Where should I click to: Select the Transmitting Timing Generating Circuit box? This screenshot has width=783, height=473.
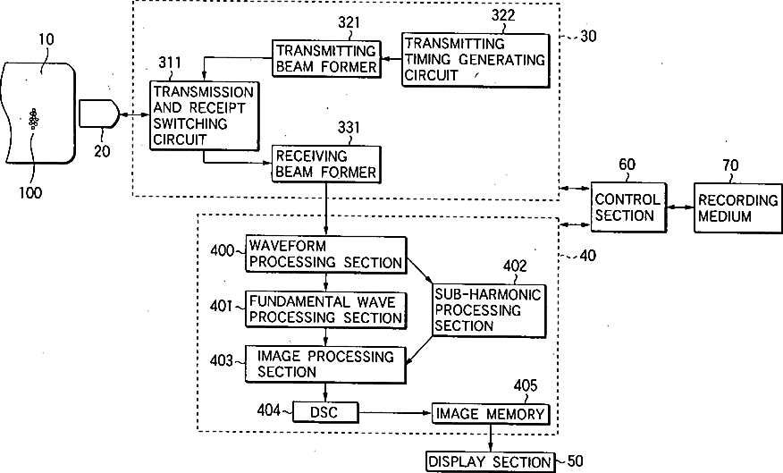pyautogui.click(x=474, y=59)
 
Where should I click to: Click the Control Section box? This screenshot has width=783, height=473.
pyautogui.click(x=626, y=207)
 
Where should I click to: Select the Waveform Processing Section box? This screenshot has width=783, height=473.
pyautogui.click(x=325, y=254)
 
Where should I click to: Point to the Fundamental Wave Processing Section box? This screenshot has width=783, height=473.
pyautogui.click(x=325, y=308)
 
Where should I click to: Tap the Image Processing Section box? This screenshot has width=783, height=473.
pyautogui.click(x=325, y=364)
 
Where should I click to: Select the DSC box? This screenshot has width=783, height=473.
pyautogui.click(x=325, y=411)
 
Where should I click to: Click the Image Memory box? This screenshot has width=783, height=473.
pyautogui.click(x=490, y=413)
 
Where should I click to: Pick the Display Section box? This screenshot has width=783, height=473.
pyautogui.click(x=490, y=461)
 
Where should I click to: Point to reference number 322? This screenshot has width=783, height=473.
pyautogui.click(x=501, y=15)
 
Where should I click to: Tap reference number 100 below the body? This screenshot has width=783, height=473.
pyautogui.click(x=29, y=191)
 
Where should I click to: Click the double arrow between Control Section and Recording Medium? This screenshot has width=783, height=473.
pyautogui.click(x=678, y=207)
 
